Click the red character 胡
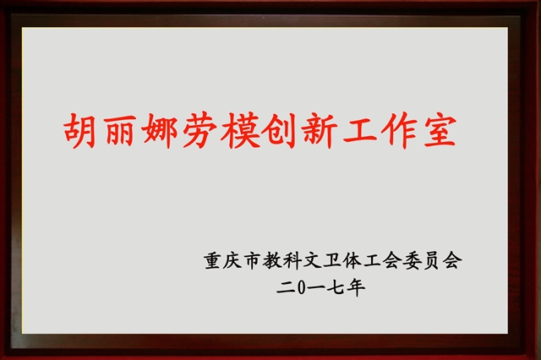(79, 131)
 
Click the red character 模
(240, 131)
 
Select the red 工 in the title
(360, 131)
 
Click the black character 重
(212, 260)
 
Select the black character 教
(271, 260)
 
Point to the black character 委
(413, 260)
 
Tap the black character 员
(433, 260)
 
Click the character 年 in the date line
(357, 288)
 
